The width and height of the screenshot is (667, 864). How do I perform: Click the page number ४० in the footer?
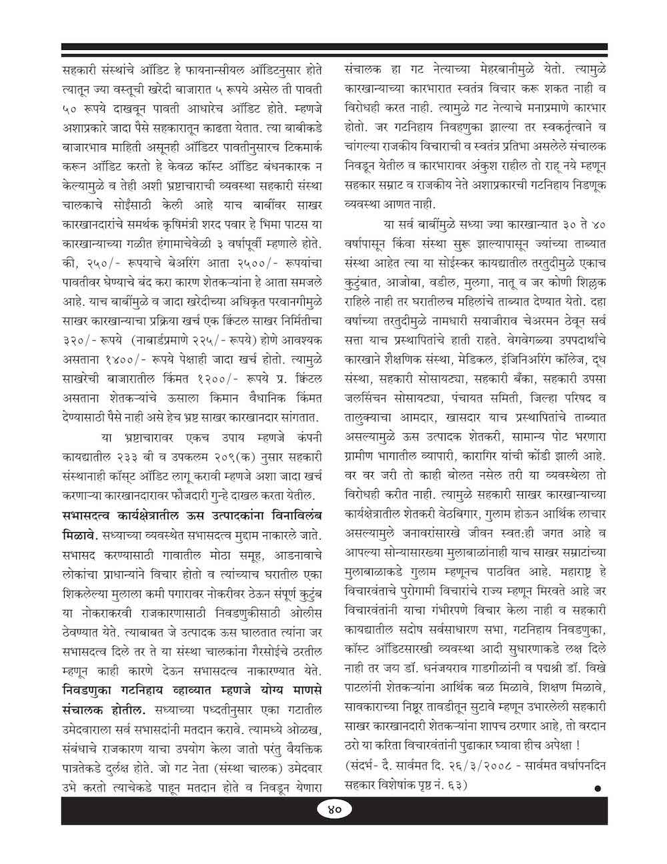[334, 809]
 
